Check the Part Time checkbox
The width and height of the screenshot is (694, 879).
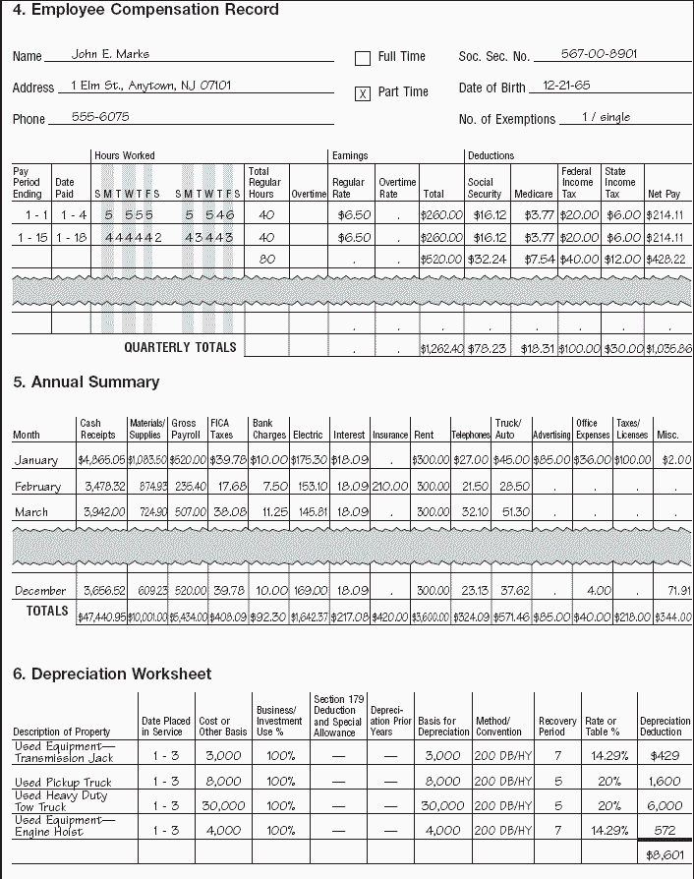[363, 93]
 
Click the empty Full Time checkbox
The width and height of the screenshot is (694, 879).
[363, 58]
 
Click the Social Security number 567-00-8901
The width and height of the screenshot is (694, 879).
[599, 54]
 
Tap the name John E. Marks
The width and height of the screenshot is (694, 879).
[110, 54]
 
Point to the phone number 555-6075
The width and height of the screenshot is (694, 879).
[100, 116]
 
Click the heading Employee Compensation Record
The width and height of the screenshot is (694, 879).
[145, 11]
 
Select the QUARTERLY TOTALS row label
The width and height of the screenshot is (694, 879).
[180, 347]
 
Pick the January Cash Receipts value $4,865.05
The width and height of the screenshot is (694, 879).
[101, 460]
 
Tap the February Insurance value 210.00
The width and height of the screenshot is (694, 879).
[390, 487]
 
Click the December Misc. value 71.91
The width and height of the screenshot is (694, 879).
[677, 591]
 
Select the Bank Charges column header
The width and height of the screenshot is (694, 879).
[268, 429]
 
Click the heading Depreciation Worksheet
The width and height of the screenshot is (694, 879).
[111, 674]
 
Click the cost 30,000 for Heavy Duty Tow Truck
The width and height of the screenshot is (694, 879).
[222, 806]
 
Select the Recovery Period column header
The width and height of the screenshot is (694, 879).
[557, 727]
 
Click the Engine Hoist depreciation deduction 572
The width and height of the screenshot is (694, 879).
[665, 831]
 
